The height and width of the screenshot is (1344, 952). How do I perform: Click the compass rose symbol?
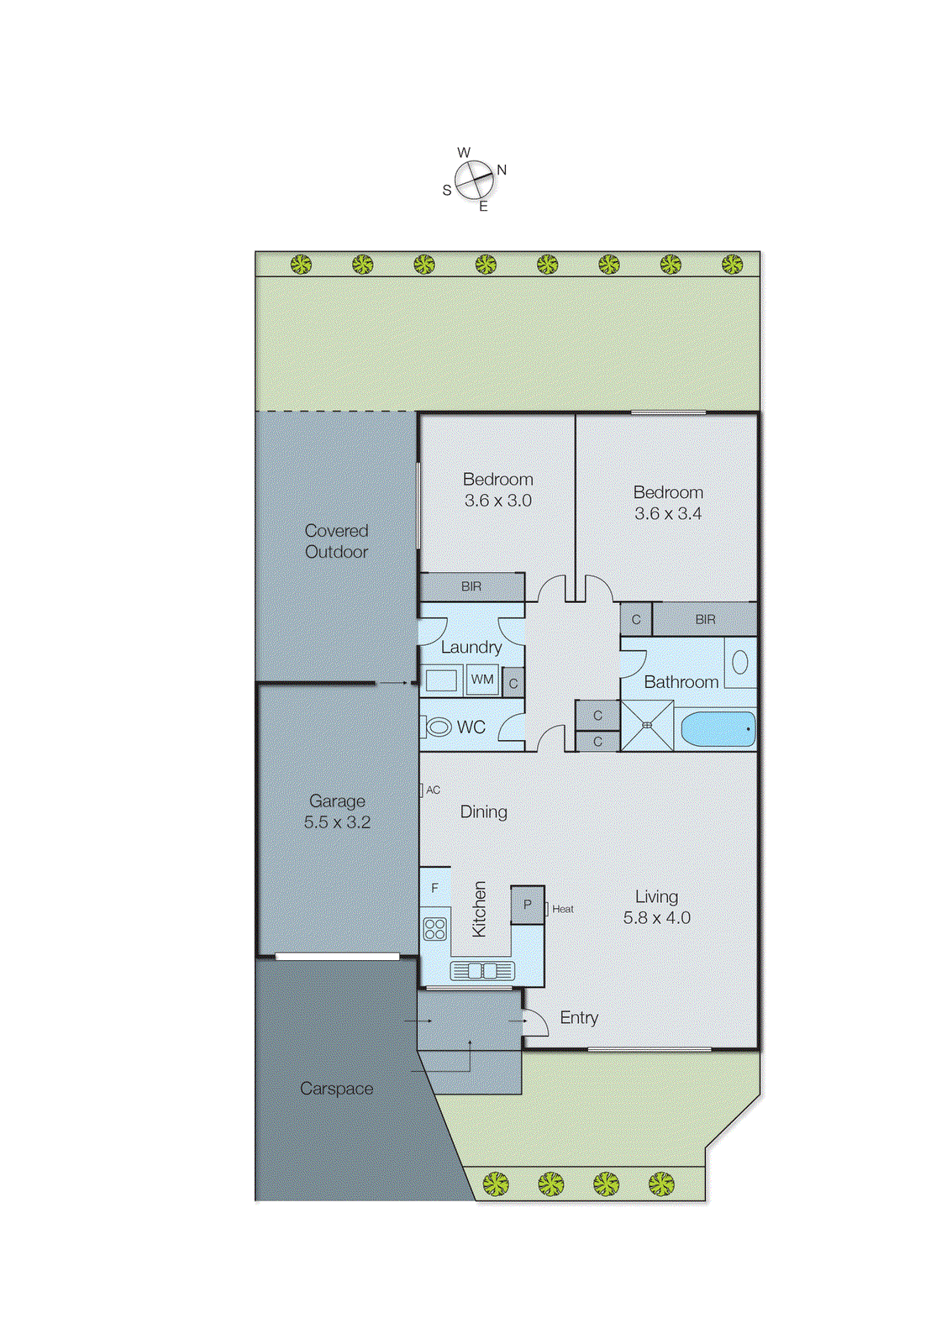pos(474,180)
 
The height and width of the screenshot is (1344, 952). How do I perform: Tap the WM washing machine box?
pos(482,680)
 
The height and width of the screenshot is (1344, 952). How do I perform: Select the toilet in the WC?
pos(438,727)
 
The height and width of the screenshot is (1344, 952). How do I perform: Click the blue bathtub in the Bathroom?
pos(718,729)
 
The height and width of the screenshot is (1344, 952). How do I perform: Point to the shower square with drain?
pos(647,726)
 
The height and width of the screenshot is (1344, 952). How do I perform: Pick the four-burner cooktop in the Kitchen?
pos(435,928)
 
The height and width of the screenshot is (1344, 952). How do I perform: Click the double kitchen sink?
pos(482,971)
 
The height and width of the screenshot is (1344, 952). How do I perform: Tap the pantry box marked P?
pos(528,905)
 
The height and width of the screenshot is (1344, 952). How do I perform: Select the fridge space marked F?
pos(434,888)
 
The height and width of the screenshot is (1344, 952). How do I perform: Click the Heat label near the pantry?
pos(563,909)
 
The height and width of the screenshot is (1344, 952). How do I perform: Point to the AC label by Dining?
pos(433,790)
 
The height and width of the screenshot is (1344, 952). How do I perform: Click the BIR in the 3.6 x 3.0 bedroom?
pos(471,586)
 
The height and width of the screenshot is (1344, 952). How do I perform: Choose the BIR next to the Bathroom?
pos(705,620)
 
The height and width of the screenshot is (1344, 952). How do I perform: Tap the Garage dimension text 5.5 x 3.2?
pos(337,822)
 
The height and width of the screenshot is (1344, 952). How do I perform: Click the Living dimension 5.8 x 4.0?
pos(656,918)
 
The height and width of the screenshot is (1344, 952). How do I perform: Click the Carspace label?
pos(336,1089)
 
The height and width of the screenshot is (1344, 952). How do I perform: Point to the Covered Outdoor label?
pos(336,541)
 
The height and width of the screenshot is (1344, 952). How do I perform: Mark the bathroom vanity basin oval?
pos(739,662)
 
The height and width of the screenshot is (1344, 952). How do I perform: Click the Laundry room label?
pos(471,648)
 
